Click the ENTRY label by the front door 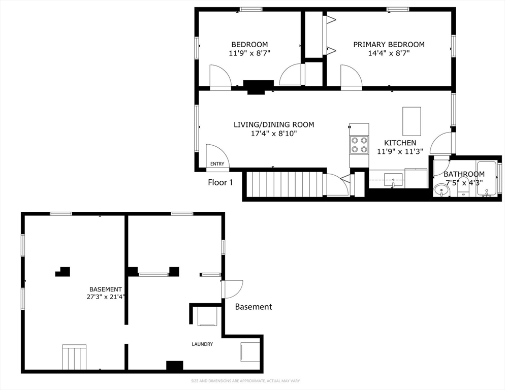click(217, 164)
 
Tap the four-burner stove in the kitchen click(359, 145)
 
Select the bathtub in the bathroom click(486, 178)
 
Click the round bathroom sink click(441, 190)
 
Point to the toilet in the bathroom click(463, 187)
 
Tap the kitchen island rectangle click(412, 121)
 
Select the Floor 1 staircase click(285, 184)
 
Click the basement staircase click(74, 357)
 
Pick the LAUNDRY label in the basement click(202, 344)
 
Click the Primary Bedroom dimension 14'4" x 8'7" click(389, 53)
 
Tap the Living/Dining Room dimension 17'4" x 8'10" click(274, 134)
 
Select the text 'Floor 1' click(220, 183)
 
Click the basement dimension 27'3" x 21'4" click(105, 297)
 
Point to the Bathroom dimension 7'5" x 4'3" click(464, 183)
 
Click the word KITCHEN click(400, 143)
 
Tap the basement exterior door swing click(232, 289)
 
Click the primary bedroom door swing click(352, 76)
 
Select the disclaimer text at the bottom click(245, 381)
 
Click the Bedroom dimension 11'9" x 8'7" click(249, 53)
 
